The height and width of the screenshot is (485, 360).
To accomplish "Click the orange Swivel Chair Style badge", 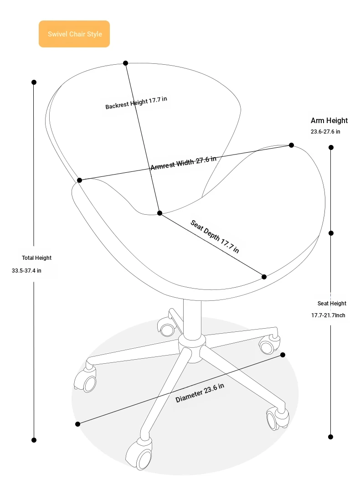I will [74, 34].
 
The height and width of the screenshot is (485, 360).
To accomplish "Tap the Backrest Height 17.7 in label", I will [136, 103].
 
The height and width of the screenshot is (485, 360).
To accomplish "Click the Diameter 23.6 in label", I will [200, 393].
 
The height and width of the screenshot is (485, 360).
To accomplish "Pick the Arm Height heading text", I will [329, 120].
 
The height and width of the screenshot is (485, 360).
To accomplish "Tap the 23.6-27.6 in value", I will [325, 132].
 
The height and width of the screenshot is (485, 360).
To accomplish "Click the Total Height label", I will [36, 258].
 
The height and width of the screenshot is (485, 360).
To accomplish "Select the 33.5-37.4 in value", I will [26, 270].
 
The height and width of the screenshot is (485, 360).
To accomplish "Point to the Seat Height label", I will [332, 304].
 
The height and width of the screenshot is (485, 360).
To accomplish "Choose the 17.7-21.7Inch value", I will [328, 315].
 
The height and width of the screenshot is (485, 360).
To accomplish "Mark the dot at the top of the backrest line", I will [125, 63].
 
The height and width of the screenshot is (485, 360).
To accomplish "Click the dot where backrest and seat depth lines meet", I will [159, 213].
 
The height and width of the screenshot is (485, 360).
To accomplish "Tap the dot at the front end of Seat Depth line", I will [264, 277].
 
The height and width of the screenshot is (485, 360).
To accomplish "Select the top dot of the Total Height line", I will [34, 82].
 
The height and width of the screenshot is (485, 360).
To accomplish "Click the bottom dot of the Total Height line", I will [34, 440].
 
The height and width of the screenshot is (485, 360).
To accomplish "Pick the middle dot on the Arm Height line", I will [331, 233].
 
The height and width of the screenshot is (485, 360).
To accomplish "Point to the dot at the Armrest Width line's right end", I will [291, 145].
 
